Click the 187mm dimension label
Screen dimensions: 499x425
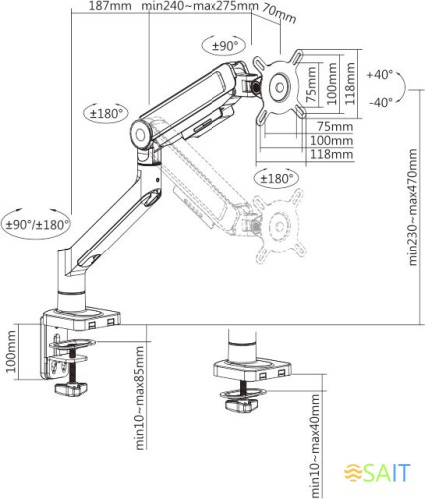pos(107,7)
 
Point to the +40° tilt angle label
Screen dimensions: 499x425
pos(380,76)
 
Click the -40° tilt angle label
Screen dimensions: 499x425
pos(380,102)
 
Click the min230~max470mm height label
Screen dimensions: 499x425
pos(413,226)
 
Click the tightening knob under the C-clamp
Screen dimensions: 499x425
pos(71,387)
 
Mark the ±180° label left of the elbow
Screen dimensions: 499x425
pos(105,114)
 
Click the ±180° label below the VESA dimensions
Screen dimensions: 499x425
pos(278,179)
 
